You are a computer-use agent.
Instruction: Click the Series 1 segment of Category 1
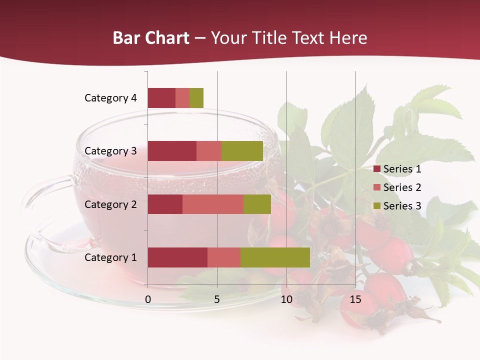177,257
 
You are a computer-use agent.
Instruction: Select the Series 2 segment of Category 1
224,257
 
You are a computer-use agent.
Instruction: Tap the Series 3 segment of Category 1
275,257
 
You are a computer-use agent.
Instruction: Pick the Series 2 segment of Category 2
213,204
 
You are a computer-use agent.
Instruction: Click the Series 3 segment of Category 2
257,204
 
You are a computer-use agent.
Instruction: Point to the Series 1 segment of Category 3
172,151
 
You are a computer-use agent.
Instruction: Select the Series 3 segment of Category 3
242,151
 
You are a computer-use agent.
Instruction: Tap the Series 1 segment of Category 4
161,98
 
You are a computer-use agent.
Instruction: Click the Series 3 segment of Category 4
196,98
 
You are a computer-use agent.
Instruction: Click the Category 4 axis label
110,98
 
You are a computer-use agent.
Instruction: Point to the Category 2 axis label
110,204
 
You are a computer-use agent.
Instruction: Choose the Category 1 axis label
110,257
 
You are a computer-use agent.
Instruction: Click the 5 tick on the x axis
217,299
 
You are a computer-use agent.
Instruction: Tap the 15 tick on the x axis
355,299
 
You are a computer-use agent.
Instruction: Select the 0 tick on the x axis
148,299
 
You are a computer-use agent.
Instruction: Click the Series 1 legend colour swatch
376,169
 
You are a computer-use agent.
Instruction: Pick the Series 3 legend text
402,206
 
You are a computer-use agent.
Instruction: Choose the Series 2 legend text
402,187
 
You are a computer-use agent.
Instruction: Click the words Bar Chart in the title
151,38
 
